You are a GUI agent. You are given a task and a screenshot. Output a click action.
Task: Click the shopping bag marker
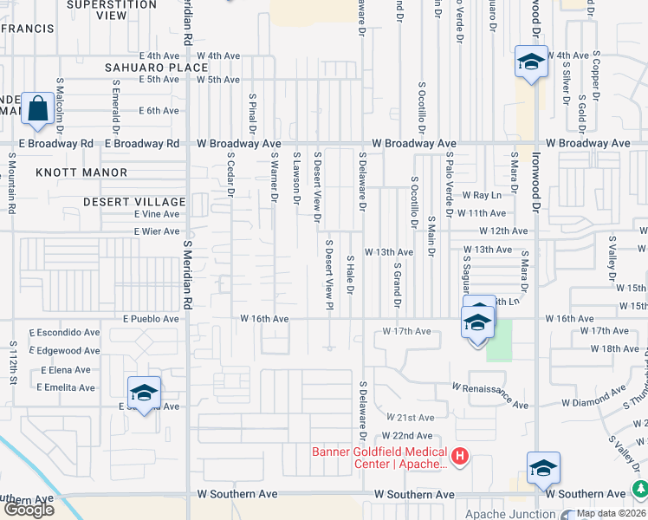pos(38,109)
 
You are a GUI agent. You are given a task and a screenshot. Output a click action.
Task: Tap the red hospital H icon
pos(460,454)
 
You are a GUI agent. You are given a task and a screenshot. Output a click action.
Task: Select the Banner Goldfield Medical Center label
pos(380,458)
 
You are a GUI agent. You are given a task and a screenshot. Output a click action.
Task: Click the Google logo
pos(29,510)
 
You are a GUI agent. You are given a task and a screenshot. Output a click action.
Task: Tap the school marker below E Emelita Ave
pos(144,393)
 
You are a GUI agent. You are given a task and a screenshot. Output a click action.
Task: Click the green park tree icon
pos(640,490)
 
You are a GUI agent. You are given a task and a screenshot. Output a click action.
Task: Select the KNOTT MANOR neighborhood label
pos(81,172)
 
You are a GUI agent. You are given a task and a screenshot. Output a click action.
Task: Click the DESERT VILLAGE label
pos(134,202)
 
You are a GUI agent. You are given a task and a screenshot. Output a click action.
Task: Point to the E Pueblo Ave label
pos(151,319)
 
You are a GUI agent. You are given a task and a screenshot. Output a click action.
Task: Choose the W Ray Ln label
pos(482,196)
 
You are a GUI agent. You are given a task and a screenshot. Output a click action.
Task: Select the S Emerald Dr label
pos(115,100)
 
